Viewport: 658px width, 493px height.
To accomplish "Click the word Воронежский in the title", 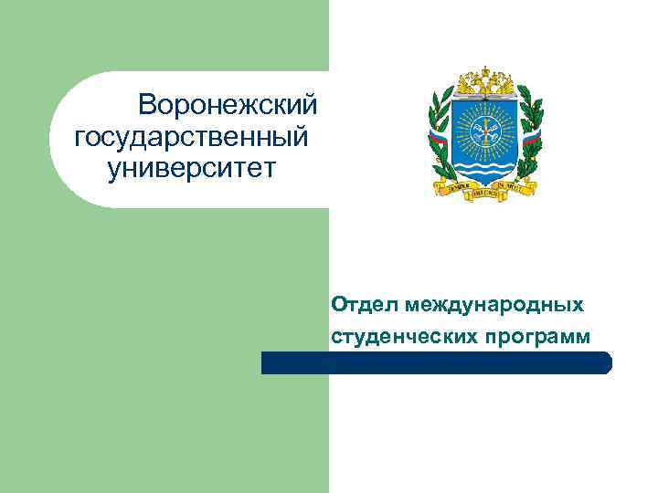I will point(228,106).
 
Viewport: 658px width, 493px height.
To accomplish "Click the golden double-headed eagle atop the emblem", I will point(484,81).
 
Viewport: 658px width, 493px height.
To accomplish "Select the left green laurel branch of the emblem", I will point(441,137).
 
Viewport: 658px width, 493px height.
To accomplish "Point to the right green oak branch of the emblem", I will point(528,137).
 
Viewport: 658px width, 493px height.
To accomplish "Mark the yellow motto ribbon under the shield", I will point(484,189).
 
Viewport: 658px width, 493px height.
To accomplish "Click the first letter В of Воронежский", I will point(146,106).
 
